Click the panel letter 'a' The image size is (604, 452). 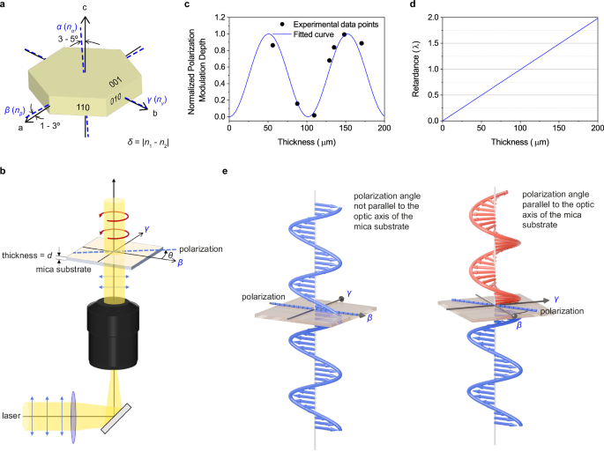5,7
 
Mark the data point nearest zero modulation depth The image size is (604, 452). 314,115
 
